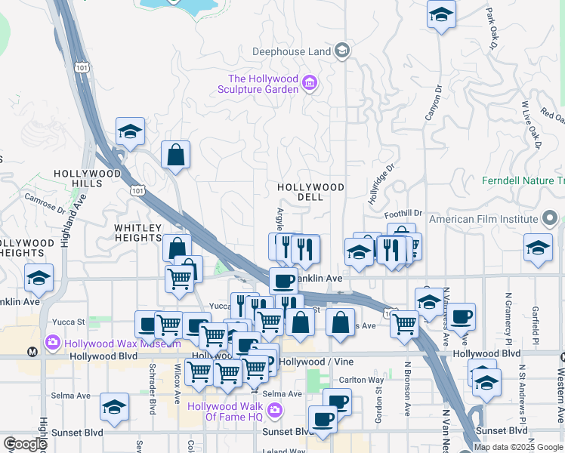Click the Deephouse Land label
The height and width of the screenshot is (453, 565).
click(x=292, y=51)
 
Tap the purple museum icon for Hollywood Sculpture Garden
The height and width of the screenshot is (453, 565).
click(x=309, y=83)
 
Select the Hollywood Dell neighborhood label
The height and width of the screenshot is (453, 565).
click(x=310, y=192)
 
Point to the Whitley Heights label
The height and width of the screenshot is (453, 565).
click(x=138, y=233)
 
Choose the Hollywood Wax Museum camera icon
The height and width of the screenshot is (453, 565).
click(x=53, y=343)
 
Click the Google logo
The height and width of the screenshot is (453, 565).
click(x=25, y=444)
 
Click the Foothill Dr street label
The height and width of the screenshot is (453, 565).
click(x=406, y=214)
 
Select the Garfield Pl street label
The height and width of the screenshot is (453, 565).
click(x=536, y=321)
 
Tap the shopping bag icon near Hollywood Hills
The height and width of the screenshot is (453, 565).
click(x=175, y=155)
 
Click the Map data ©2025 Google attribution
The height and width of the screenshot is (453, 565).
click(x=519, y=447)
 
